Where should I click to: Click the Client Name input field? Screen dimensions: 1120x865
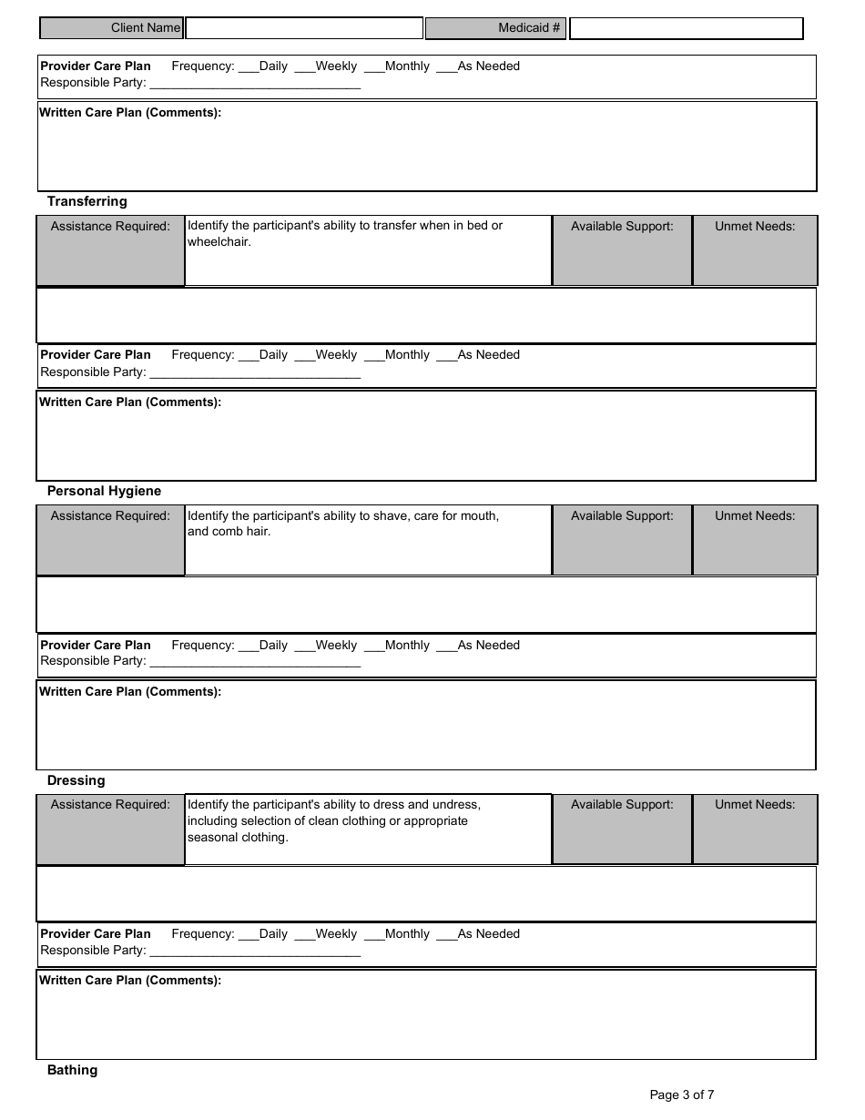304,28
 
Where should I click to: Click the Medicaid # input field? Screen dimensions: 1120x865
686,28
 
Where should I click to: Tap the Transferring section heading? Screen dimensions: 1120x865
87,201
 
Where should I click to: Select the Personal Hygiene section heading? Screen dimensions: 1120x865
104,491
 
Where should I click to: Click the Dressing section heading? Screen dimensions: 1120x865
76,780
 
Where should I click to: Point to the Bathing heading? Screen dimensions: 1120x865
72,1070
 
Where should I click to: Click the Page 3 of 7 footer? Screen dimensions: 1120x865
682,1095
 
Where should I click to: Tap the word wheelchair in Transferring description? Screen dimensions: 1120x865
219,242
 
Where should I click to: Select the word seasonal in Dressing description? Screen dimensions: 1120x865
215,837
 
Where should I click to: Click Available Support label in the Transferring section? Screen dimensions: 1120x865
622,226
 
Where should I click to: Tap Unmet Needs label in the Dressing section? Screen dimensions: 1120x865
755,804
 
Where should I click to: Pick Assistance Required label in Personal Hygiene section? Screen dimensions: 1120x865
110,515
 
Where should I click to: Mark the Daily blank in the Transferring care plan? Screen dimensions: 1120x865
248,356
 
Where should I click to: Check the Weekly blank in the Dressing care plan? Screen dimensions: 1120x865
304,935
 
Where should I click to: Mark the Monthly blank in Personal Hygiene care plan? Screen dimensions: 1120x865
373,647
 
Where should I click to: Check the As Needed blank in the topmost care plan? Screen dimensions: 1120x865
446,67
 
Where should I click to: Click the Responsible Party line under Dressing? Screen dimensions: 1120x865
254,952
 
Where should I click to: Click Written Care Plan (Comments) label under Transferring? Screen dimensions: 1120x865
130,402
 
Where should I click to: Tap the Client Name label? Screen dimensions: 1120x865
146,28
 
